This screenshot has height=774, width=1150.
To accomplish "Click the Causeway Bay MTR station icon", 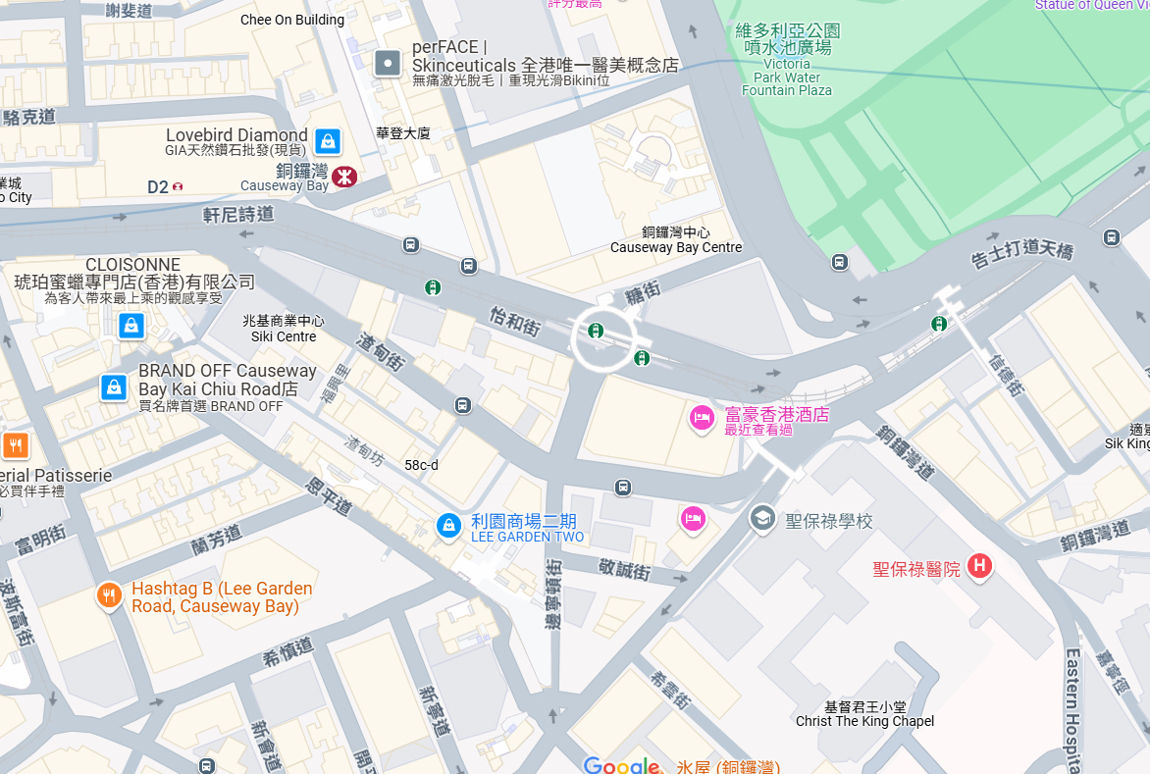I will click(343, 177).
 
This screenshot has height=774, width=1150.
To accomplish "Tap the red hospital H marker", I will click(978, 565).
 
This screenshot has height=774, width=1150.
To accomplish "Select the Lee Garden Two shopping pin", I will click(448, 525).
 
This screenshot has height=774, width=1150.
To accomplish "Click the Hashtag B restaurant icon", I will click(109, 594).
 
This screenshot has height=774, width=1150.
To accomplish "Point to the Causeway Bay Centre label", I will click(676, 240).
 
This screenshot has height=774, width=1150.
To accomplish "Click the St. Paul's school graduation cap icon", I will click(762, 518).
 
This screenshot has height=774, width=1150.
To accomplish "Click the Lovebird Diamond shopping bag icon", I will click(328, 140).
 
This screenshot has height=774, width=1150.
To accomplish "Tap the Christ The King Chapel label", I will click(864, 714).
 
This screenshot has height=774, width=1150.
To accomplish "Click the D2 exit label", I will click(158, 186).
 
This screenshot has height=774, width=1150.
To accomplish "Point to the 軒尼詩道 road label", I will click(238, 212).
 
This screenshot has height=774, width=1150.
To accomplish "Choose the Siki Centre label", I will click(284, 329).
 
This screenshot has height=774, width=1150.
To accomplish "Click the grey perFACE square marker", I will click(389, 65).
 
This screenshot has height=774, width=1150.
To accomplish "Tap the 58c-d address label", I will click(421, 465).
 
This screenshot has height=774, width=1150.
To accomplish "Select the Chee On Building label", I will click(292, 20).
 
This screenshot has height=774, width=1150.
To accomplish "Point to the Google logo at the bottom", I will click(621, 765).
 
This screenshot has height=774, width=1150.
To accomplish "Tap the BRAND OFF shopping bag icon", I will click(114, 387).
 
